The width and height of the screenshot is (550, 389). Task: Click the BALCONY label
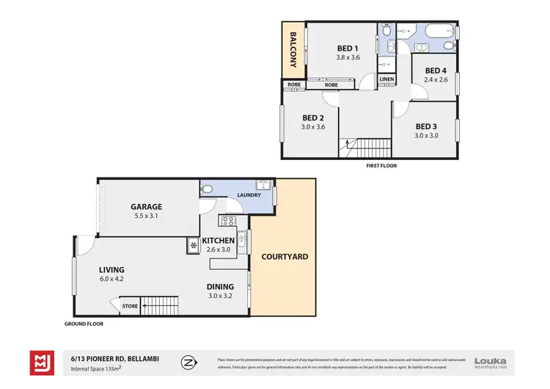[x=293, y=49]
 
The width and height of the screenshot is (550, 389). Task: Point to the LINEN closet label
[x=386, y=79]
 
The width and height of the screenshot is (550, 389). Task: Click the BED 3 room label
[x=426, y=126]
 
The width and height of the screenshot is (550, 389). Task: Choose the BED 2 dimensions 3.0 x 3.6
[x=313, y=127]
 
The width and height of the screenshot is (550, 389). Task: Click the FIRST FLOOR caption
[x=381, y=166]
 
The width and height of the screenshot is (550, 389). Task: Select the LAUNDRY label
[x=249, y=194]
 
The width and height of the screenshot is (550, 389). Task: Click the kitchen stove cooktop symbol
[x=227, y=220]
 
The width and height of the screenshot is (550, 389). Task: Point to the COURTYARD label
[x=285, y=257]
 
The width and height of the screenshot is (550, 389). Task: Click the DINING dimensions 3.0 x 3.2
[x=220, y=296]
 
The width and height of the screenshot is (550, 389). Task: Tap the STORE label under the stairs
[x=130, y=306]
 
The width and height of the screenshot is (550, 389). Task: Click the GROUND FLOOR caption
[x=84, y=324]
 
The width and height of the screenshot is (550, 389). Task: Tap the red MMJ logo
[x=40, y=362]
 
